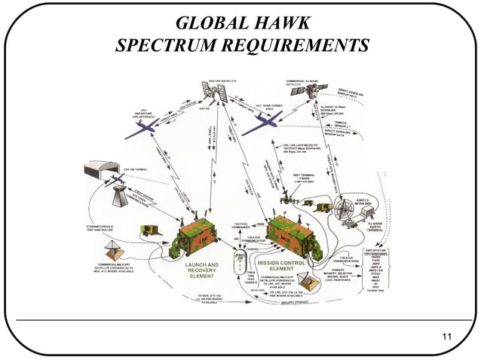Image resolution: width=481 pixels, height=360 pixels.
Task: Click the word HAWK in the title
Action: (x=282, y=23)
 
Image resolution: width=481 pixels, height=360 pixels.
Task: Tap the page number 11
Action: (x=446, y=337)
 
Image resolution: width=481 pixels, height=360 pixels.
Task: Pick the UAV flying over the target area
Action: (x=262, y=117)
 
